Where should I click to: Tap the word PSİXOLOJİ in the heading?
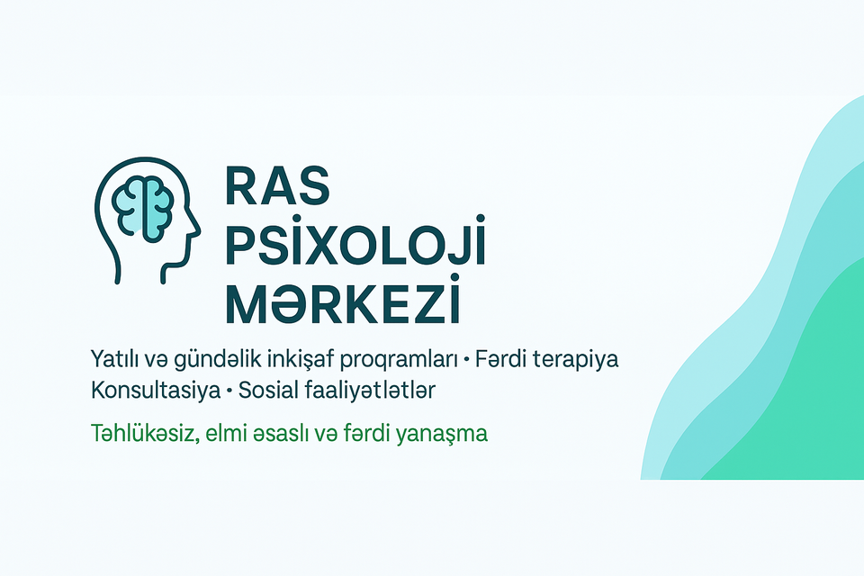(x=355, y=241)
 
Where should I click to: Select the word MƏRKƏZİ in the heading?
(x=343, y=301)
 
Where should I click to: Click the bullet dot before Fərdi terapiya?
(x=466, y=361)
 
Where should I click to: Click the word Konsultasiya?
(x=156, y=391)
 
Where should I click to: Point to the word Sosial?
(x=268, y=391)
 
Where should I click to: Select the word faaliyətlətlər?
(x=370, y=391)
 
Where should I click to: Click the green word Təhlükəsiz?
(x=145, y=433)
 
